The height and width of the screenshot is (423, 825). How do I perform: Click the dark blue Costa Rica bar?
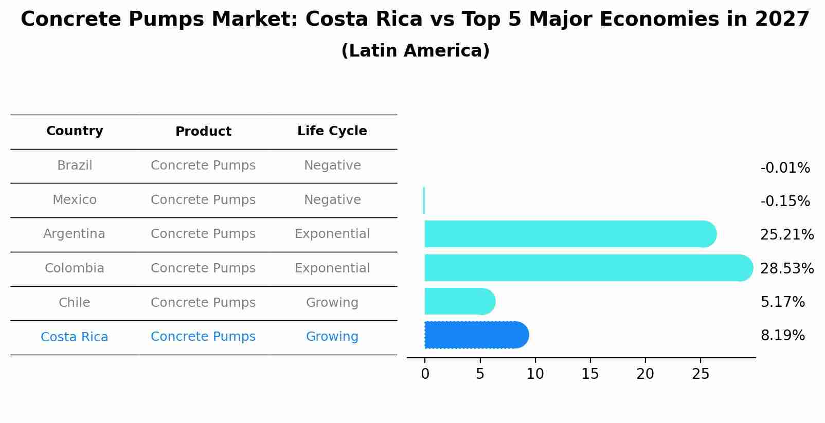coord(476,335)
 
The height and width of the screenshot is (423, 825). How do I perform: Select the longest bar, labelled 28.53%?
coord(586,268)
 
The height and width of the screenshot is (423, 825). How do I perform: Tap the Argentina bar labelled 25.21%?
coord(568,234)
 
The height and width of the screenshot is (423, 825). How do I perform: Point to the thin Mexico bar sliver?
coord(424,200)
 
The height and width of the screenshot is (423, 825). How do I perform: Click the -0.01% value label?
coord(785,168)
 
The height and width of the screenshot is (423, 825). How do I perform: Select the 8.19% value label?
coord(782,336)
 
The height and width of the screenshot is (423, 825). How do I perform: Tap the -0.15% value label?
coord(785,201)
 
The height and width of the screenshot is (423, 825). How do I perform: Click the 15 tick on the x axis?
coord(590,374)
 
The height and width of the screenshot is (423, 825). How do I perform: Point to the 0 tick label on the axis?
coord(425,374)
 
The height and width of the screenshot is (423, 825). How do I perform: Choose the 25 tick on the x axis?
coord(701,374)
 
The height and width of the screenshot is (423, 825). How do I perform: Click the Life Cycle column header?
coord(332,131)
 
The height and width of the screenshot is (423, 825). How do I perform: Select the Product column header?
coord(203,132)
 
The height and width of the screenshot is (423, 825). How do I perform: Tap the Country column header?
coord(75,131)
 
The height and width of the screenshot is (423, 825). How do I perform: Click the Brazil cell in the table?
coord(75,165)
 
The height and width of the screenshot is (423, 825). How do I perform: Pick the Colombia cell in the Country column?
coord(75,268)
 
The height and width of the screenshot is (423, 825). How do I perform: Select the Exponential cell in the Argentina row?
coord(332,234)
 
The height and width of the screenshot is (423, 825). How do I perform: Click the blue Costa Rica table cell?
coord(75,337)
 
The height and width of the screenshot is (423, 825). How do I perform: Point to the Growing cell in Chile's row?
coord(332,303)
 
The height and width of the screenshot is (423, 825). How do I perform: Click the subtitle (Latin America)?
coord(415,51)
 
